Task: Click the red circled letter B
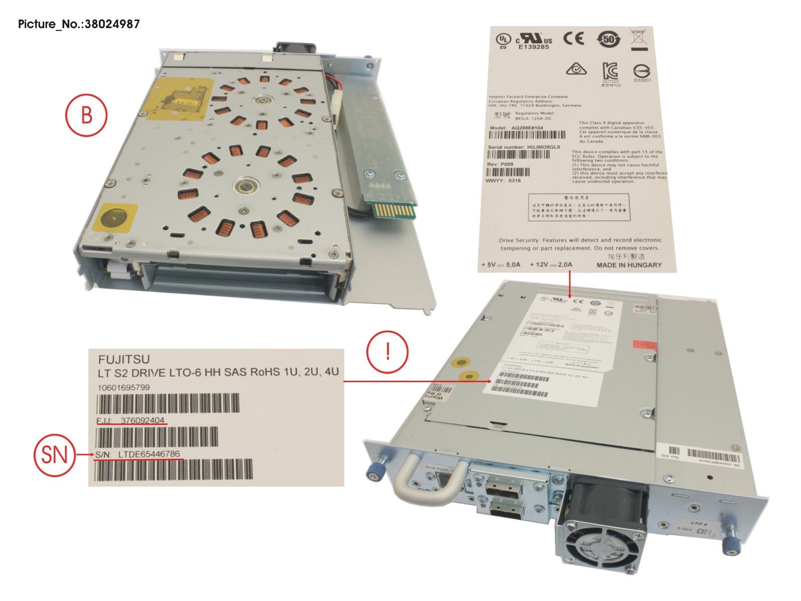[86, 115]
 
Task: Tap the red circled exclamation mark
[387, 351]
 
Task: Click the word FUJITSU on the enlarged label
[124, 359]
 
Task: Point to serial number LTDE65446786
[149, 454]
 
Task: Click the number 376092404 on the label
[143, 420]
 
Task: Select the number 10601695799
[123, 387]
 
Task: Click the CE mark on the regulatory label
[573, 38]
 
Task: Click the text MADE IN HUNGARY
[629, 265]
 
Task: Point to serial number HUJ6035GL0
[543, 147]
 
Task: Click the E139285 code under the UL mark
[533, 47]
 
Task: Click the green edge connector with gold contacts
[394, 209]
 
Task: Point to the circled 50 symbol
[608, 39]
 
